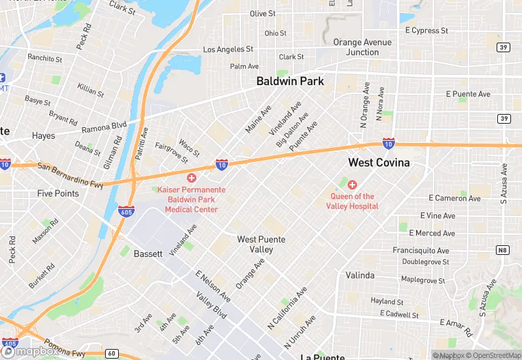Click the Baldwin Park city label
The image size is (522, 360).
(290, 81)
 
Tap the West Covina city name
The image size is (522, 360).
(379, 163)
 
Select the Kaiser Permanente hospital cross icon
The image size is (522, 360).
(192, 178)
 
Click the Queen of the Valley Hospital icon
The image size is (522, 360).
(352, 185)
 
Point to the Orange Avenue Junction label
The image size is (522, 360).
(362, 47)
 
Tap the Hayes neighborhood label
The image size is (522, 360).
(43, 136)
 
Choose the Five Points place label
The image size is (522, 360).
(58, 194)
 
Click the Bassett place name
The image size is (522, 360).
(148, 254)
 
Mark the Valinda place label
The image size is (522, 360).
(360, 275)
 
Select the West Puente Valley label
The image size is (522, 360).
(261, 244)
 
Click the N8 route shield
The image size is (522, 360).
(503, 250)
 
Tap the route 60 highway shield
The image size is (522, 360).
(112, 353)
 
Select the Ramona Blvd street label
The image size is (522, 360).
(104, 127)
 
